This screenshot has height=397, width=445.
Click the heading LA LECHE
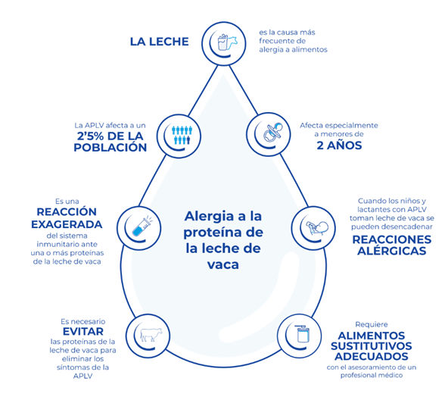point(159,42)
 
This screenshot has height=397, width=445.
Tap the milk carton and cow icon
point(227,42)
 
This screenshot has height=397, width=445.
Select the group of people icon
point(182,135)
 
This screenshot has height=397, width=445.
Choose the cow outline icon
point(151,334)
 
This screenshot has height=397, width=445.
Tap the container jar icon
point(303,333)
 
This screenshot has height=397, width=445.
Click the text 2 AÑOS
point(339,145)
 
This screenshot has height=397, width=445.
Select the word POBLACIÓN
point(110,147)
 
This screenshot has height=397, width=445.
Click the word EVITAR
point(83,331)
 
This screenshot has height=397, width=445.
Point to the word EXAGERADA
point(67,224)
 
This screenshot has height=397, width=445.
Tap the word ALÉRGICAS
point(392,251)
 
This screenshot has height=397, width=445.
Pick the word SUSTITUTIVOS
point(371,346)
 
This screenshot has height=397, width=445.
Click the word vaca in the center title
point(223,265)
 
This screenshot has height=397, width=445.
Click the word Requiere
point(372,324)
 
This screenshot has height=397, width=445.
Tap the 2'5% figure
point(91,136)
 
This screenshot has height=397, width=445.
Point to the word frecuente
point(282,41)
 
